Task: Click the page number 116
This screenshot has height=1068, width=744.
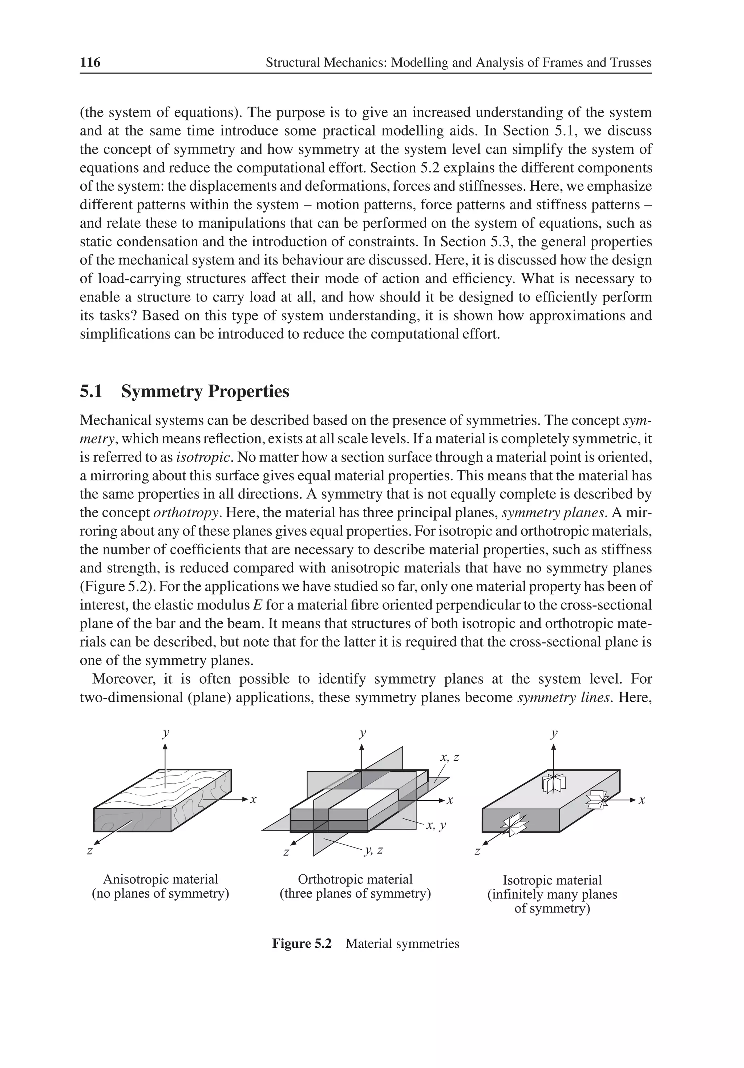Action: (90, 62)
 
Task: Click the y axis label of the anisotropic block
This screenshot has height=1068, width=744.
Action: (166, 733)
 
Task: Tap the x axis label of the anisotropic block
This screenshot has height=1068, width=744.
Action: (254, 800)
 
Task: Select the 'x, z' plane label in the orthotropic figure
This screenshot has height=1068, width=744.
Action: (449, 758)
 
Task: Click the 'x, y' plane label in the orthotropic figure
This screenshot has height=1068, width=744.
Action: (436, 826)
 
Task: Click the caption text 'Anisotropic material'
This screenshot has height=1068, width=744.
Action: (161, 879)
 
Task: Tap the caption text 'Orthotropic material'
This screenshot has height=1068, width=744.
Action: (355, 879)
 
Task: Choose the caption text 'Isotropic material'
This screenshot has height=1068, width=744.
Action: (552, 881)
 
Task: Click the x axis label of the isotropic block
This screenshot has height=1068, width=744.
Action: (642, 800)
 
